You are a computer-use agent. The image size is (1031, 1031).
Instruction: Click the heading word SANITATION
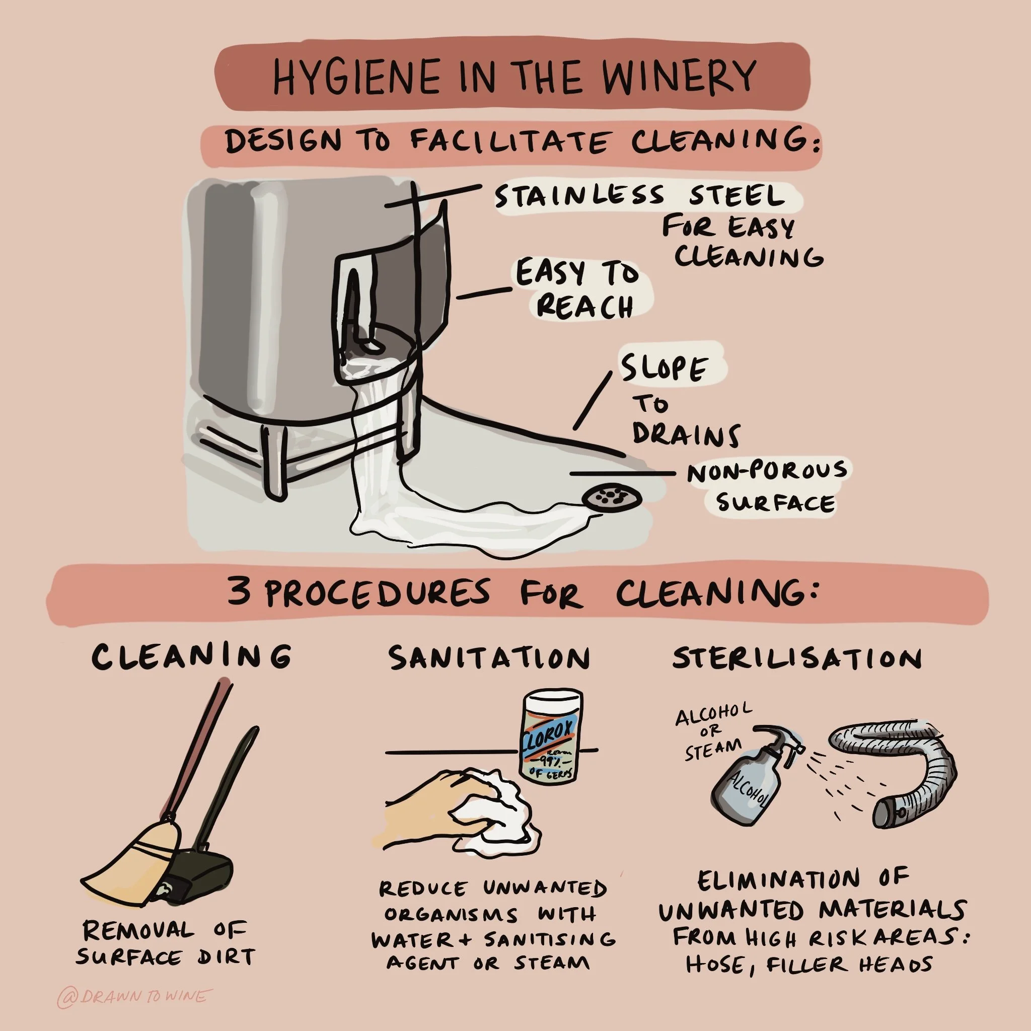(489, 658)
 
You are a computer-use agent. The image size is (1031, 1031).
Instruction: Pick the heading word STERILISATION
(797, 658)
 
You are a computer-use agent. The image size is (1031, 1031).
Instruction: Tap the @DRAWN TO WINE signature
(134, 997)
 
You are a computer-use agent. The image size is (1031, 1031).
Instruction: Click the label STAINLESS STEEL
(640, 196)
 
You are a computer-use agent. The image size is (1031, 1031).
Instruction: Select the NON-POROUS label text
(767, 471)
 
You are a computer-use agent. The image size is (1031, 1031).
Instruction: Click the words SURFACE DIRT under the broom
(165, 956)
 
